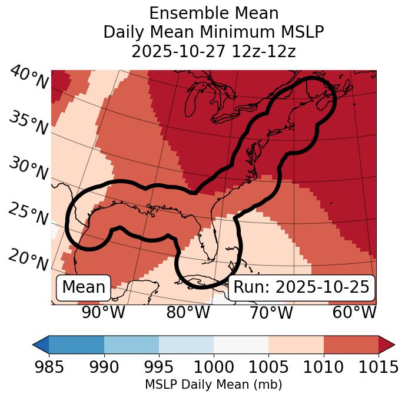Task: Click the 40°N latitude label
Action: point(29,78)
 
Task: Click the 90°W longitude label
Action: point(103,312)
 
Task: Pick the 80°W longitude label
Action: point(188,312)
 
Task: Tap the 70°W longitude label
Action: point(270,312)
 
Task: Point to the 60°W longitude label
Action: point(354,312)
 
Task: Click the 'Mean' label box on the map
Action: point(84,287)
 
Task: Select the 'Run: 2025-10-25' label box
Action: point(301,287)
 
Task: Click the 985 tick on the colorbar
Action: point(49,367)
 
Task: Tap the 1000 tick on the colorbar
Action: point(214,367)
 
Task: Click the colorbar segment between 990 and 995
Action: point(131,345)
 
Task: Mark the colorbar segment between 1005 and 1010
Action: point(296,345)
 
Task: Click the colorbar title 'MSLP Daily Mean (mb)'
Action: point(213,385)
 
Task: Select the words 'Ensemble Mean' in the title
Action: point(214,13)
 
